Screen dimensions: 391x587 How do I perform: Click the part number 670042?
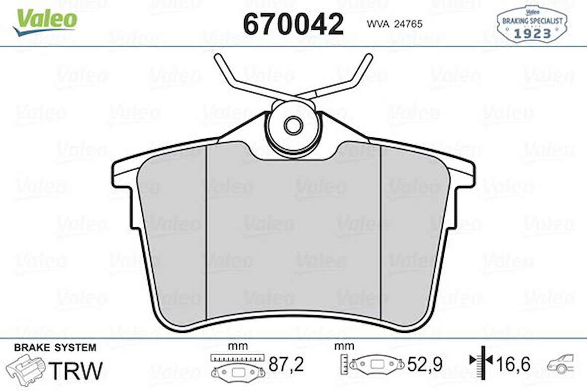[x=293, y=23]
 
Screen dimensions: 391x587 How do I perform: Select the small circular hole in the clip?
[x=293, y=125]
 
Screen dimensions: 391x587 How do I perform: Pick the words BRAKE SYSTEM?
[x=55, y=348]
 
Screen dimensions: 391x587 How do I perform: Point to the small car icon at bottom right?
[x=561, y=364]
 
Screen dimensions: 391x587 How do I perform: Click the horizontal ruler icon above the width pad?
[x=236, y=357]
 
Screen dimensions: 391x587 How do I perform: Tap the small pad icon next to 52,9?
[x=378, y=365]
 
